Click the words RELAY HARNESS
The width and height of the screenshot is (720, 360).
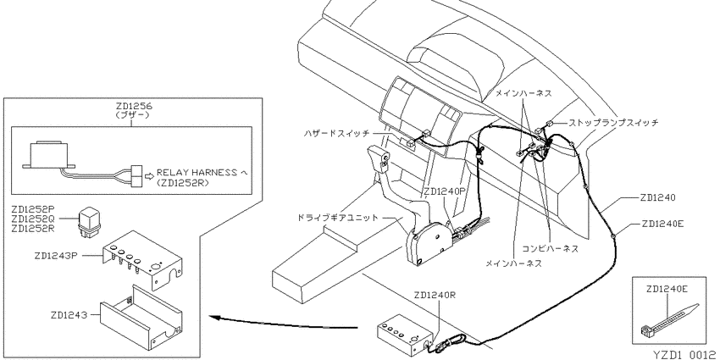197,173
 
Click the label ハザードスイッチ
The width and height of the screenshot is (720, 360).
336,133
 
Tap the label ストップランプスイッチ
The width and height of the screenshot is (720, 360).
613,123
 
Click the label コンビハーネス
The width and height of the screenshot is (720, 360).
551,249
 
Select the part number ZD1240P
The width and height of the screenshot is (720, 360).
445,191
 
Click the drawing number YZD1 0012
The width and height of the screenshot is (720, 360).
684,354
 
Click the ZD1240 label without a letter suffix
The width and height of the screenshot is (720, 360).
657,198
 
